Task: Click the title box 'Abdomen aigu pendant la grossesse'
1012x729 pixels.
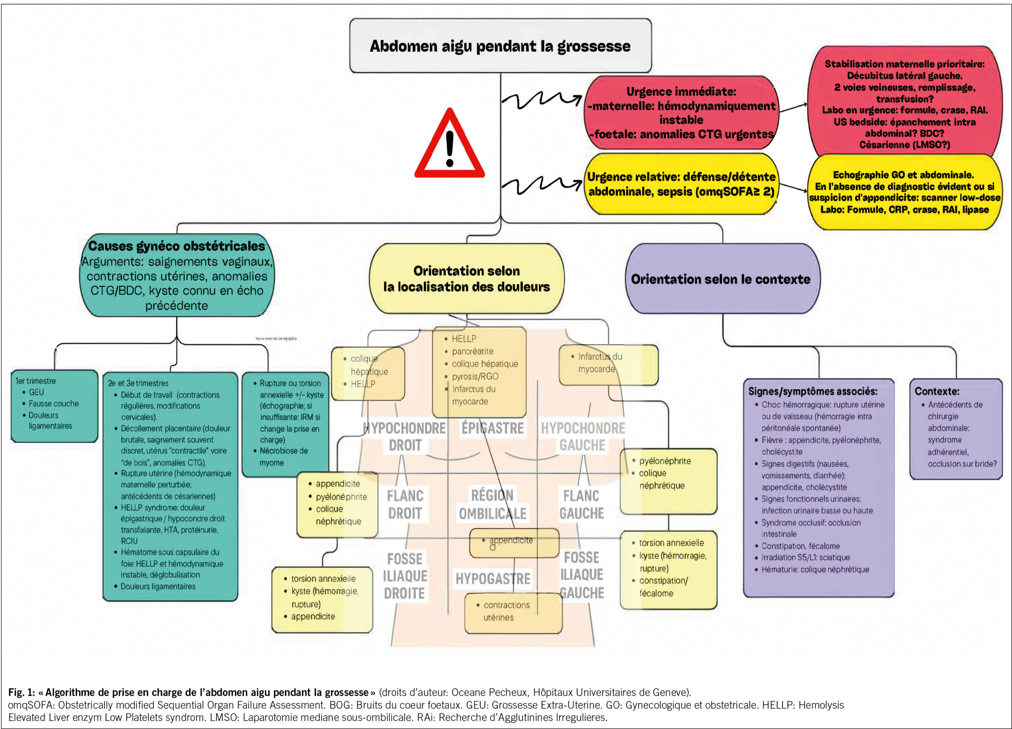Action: coord(500,46)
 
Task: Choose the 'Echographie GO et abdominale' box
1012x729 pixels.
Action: coord(904,192)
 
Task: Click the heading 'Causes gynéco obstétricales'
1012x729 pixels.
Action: coord(177,246)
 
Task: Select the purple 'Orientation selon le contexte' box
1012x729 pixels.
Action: coord(721,279)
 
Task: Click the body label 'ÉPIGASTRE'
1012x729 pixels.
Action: coord(492,428)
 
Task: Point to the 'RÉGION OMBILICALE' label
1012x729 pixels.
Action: coord(493,504)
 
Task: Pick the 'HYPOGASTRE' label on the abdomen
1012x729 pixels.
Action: coord(493,579)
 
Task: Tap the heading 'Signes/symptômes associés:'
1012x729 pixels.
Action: coord(812,391)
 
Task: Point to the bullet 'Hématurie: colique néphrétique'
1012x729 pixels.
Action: coord(815,569)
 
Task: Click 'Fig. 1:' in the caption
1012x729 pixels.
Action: coord(21,692)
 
